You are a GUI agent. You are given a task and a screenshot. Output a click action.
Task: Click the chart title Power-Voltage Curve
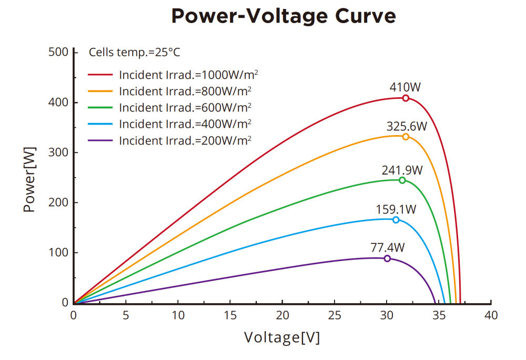[284, 16]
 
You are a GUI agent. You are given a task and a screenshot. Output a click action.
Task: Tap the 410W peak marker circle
[406, 98]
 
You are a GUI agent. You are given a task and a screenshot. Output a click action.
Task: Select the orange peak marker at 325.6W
[406, 137]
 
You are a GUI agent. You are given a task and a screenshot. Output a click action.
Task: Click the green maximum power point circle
[402, 180]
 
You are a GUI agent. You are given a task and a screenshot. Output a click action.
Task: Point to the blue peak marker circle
[396, 220]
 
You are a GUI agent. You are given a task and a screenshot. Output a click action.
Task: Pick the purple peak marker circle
[387, 259]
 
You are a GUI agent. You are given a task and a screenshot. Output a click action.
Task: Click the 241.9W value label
[402, 170]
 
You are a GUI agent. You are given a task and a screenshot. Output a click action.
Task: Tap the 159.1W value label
[396, 210]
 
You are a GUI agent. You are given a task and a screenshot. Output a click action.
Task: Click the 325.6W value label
[407, 127]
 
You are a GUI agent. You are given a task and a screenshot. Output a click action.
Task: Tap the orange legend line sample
[101, 91]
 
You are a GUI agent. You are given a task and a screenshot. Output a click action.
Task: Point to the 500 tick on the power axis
[58, 52]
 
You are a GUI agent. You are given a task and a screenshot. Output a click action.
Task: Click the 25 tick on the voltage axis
[335, 315]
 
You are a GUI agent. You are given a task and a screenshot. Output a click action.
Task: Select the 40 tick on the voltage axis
[491, 315]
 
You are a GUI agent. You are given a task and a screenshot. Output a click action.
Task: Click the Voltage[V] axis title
[281, 337]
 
